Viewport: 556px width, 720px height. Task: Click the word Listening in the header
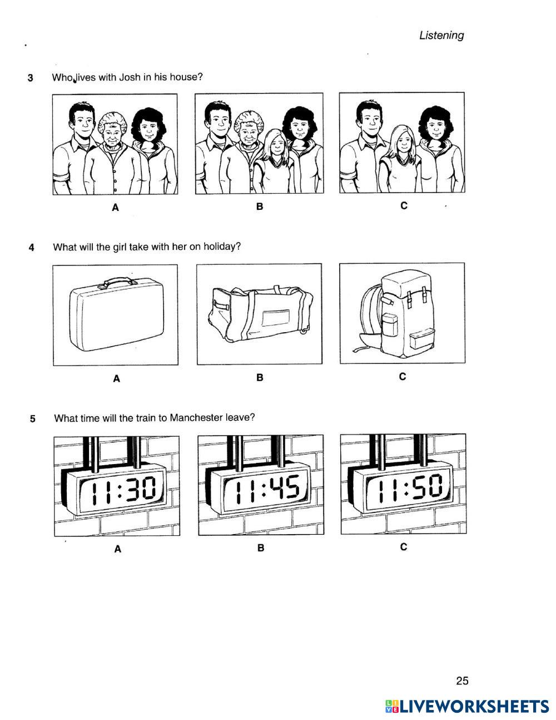(441, 36)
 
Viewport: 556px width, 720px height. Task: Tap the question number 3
(31, 78)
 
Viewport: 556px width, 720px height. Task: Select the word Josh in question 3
(130, 77)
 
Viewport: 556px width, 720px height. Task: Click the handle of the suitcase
(120, 282)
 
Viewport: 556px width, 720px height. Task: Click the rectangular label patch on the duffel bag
(276, 317)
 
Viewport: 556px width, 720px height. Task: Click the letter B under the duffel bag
(260, 377)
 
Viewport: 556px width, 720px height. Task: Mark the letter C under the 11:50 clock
(404, 547)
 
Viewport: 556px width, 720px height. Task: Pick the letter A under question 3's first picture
(115, 208)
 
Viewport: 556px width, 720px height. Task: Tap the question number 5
(32, 419)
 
